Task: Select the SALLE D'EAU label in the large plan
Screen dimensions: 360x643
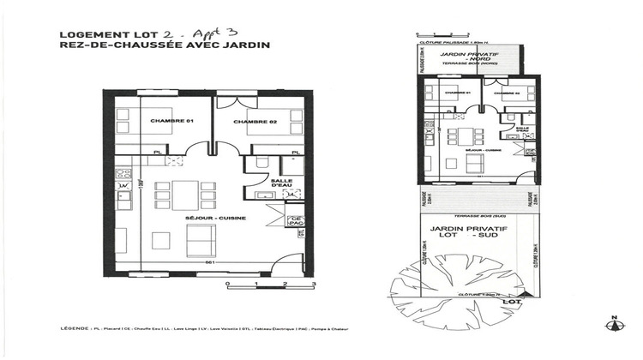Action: point(282,184)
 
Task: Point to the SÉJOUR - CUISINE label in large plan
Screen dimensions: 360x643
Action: point(215,218)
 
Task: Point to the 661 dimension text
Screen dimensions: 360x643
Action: point(208,263)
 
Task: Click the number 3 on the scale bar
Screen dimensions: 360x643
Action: point(315,282)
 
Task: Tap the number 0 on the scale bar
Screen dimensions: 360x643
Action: point(226,282)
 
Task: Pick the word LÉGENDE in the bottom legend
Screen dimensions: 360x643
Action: point(76,328)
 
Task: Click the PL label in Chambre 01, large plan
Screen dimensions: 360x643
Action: point(157,152)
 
